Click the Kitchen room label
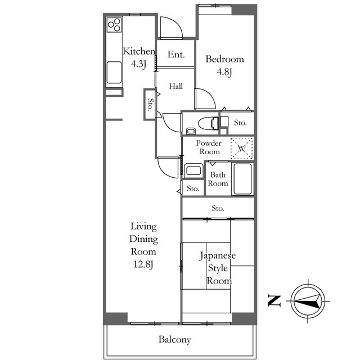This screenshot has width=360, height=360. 139,51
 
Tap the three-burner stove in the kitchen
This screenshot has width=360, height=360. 114,25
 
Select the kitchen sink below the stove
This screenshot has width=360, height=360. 114,73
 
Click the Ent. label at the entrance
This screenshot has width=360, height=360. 176,55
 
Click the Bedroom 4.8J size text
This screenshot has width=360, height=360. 224,72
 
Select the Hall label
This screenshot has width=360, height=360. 176,86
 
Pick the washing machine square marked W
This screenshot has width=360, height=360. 242,148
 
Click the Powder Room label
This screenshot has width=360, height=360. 209,147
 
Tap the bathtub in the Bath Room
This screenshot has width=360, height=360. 242,179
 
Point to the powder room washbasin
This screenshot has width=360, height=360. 193,171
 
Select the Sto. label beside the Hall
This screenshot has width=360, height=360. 150,105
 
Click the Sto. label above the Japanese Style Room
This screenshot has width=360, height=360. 218,208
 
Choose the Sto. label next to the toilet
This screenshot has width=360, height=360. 240,123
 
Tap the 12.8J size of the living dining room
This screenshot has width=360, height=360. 143,264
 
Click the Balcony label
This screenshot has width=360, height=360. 175,340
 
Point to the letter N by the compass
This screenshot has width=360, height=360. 274,301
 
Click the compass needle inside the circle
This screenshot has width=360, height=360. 307,301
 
